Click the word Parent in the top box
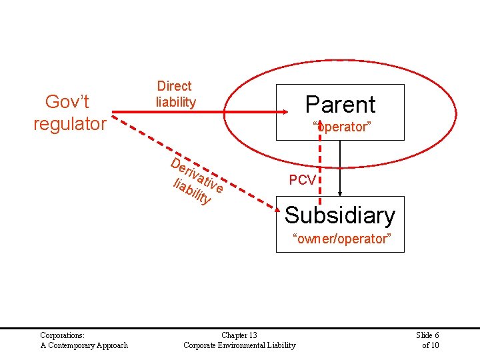[340, 105]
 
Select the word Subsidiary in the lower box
[340, 215]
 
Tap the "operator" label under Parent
[341, 127]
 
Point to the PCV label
[302, 180]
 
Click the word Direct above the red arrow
[174, 86]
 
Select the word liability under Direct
[175, 102]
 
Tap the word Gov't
[67, 101]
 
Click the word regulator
[70, 124]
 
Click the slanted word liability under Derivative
[192, 191]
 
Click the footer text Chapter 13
[239, 335]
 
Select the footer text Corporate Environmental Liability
[239, 345]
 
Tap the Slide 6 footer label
[427, 335]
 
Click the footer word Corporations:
[62, 335]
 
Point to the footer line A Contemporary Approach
[84, 345]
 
